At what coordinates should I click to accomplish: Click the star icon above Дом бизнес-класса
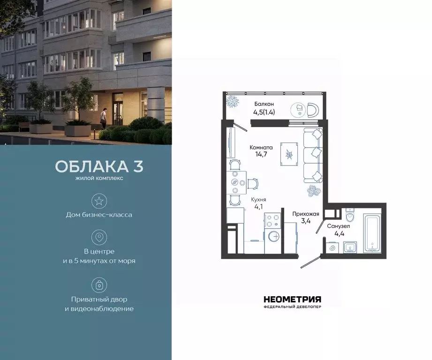click(99, 202)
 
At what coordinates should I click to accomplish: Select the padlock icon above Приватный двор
click(99, 285)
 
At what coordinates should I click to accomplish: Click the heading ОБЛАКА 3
click(99, 166)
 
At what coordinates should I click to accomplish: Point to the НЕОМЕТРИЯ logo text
click(292, 299)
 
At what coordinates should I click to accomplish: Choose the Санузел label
click(339, 226)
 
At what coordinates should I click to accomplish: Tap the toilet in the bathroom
click(350, 216)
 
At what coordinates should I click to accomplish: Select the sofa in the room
click(313, 155)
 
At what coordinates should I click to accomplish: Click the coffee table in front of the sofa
click(289, 154)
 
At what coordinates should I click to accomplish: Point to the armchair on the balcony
click(312, 110)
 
